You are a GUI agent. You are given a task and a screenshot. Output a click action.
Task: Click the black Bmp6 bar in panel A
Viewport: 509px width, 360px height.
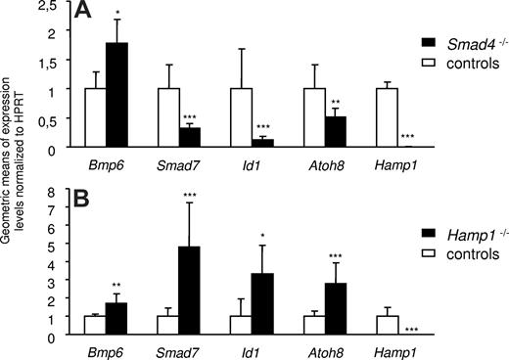[x=117, y=96]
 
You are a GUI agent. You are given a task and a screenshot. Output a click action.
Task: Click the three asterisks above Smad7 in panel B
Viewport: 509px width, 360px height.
[x=191, y=196]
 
